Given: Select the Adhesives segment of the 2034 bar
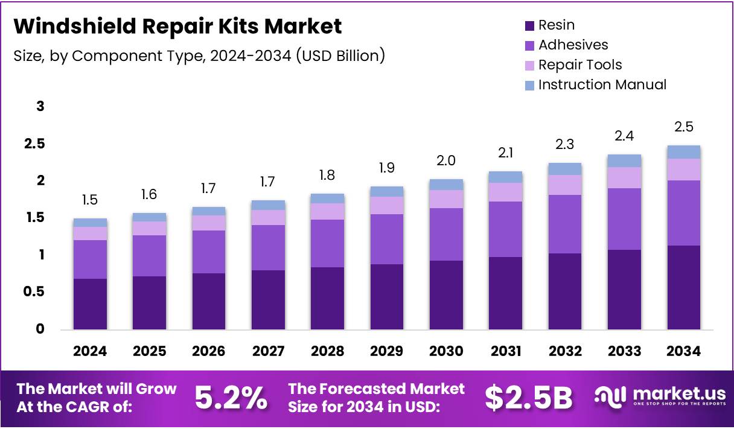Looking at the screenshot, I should pyautogui.click(x=683, y=212).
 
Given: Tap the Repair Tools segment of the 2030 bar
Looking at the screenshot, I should pyautogui.click(x=446, y=199).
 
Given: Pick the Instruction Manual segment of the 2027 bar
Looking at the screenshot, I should pyautogui.click(x=268, y=205).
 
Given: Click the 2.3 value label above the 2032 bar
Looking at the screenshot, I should pyautogui.click(x=564, y=145).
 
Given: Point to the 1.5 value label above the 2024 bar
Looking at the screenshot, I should pyautogui.click(x=90, y=200).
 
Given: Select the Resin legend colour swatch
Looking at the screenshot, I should pyautogui.click(x=530, y=26).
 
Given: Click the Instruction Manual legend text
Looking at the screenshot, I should pyautogui.click(x=602, y=84).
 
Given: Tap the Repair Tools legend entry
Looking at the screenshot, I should pyautogui.click(x=579, y=65).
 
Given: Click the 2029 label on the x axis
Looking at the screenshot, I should pyautogui.click(x=387, y=351).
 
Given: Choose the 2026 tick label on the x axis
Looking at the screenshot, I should pyautogui.click(x=209, y=351).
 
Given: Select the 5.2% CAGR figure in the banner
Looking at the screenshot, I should pyautogui.click(x=231, y=398).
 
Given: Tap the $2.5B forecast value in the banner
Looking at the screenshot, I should pyautogui.click(x=528, y=398).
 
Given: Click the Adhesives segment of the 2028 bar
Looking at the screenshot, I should pyautogui.click(x=327, y=243).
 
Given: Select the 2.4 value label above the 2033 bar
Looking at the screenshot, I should pyautogui.click(x=624, y=136).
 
